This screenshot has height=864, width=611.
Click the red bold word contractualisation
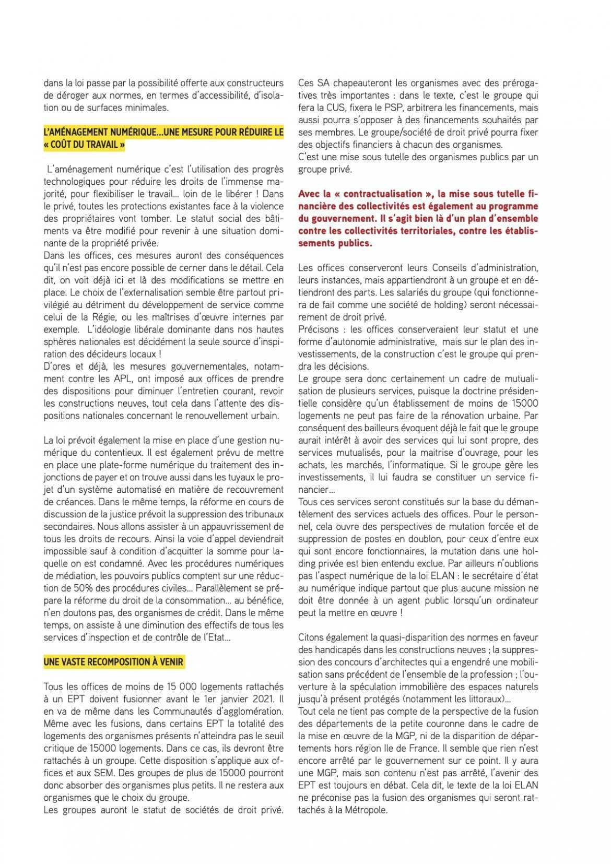(380, 194)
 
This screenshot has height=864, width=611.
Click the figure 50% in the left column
(68, 588)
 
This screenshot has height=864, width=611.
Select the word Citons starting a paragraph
(312, 637)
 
